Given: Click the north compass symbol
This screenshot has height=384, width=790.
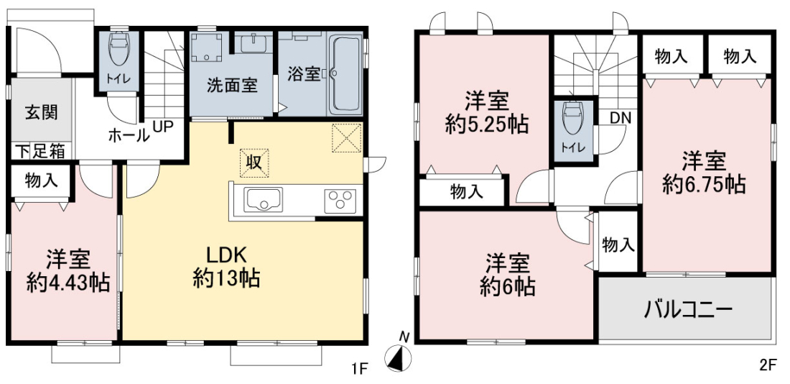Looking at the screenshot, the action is [x=398, y=357].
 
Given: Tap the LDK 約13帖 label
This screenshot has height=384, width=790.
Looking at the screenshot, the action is [x=227, y=267].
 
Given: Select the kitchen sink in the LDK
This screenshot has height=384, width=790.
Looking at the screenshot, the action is [x=263, y=200].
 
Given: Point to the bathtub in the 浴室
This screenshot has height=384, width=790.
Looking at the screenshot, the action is [x=345, y=74].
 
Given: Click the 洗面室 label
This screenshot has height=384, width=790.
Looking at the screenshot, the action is [x=232, y=86].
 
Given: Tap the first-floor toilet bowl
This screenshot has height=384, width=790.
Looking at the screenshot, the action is [x=119, y=49].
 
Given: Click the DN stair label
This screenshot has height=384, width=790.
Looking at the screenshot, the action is [x=621, y=118].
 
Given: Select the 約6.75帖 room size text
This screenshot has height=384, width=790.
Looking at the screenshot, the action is [x=704, y=186].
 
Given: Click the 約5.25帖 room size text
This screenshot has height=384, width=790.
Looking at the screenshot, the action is [x=487, y=124].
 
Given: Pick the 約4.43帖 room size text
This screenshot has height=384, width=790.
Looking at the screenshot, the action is [x=68, y=283].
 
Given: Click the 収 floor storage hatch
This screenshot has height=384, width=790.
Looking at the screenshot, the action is [x=254, y=163].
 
